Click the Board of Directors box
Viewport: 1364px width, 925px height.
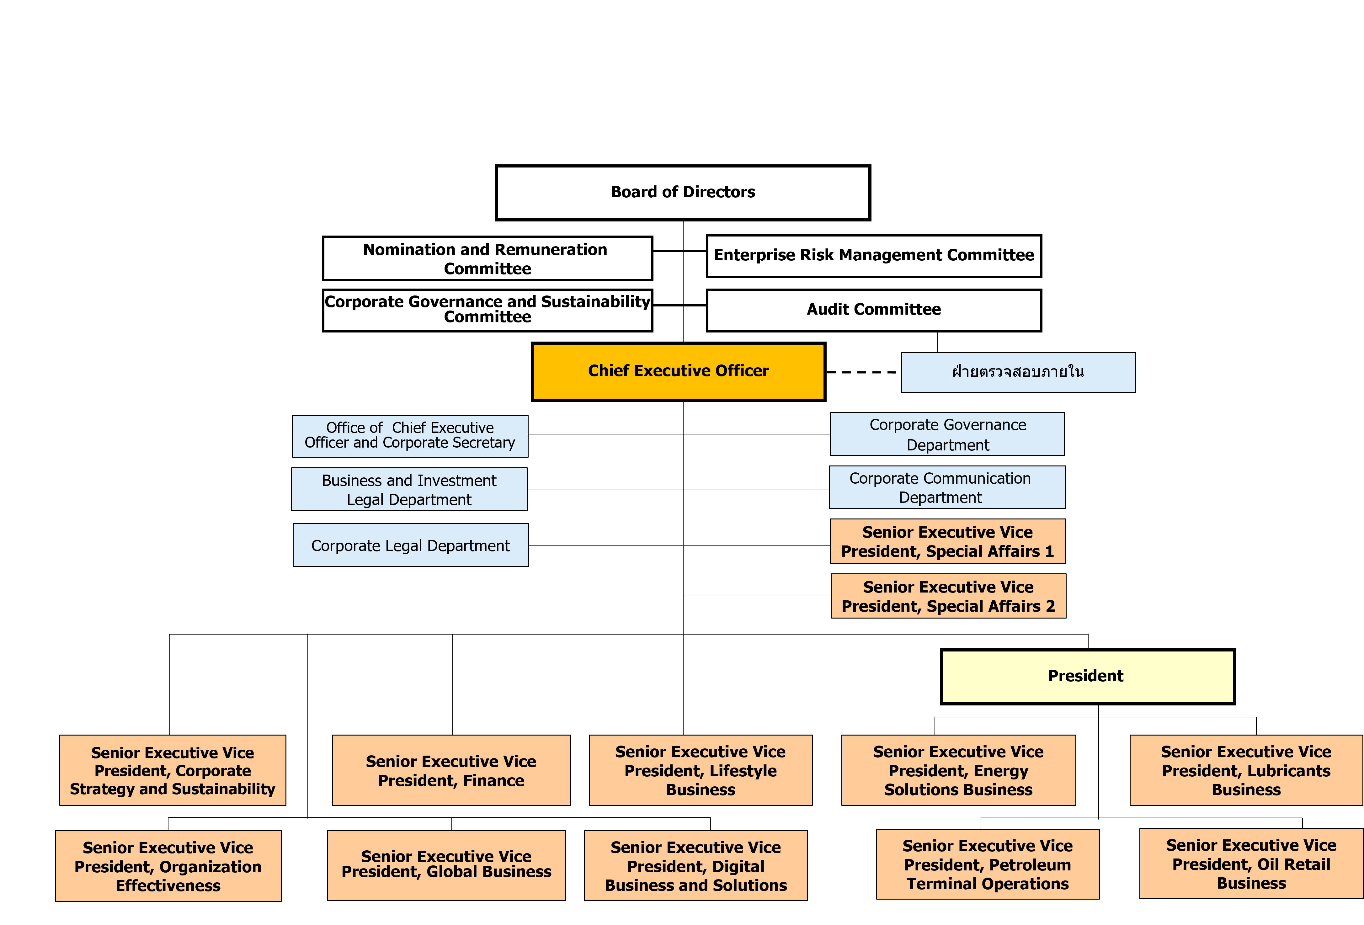(x=683, y=193)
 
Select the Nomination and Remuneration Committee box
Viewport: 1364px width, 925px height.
(x=487, y=258)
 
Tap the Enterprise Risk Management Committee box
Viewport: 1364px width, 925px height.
(x=873, y=256)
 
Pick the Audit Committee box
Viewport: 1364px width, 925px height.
(x=873, y=310)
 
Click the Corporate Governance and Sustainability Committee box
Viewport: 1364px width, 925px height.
(x=487, y=310)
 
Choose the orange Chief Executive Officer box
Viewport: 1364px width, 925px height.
(x=678, y=371)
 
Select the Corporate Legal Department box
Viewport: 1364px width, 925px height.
(x=410, y=545)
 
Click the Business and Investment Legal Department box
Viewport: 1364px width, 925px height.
(x=409, y=490)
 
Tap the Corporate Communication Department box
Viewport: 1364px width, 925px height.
(x=947, y=487)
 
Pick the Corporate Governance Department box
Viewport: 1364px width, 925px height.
(x=947, y=434)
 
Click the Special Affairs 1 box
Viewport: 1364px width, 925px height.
(x=947, y=541)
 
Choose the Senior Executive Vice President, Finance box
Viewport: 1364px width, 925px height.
(x=451, y=770)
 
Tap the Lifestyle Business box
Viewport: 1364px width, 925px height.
(x=700, y=770)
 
